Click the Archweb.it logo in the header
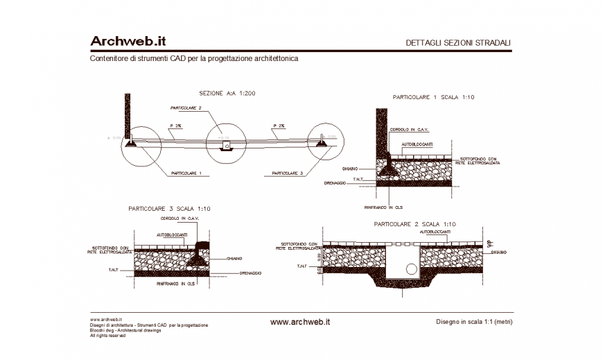(128, 42)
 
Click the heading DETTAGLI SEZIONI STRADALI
(458, 43)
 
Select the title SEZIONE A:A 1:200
(227, 93)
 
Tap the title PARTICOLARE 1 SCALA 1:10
(433, 98)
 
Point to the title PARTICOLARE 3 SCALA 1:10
(169, 208)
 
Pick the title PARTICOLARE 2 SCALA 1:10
(414, 224)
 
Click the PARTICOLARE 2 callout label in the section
(186, 108)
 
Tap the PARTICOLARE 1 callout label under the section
(186, 173)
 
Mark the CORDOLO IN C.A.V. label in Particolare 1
(410, 130)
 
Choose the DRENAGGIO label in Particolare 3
(250, 273)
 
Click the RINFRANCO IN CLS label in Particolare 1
(383, 207)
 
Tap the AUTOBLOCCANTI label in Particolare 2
(437, 232)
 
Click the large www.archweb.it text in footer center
(299, 322)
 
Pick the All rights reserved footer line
(107, 336)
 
